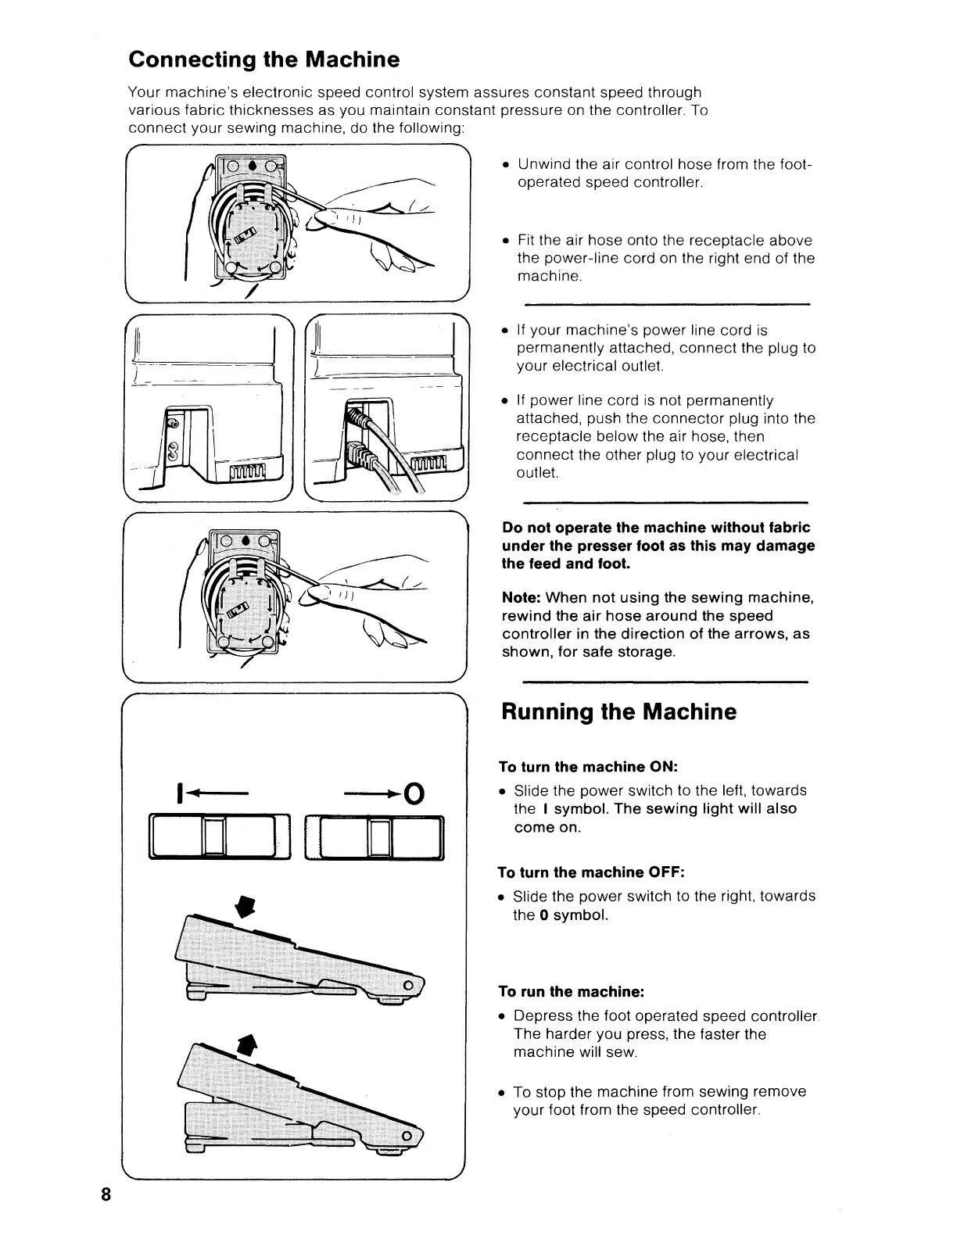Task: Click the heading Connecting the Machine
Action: (x=263, y=60)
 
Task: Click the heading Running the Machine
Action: (x=618, y=712)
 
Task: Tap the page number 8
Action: (x=106, y=1216)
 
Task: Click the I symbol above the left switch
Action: (x=181, y=794)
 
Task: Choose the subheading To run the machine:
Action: (x=572, y=992)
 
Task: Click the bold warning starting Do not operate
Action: (x=658, y=545)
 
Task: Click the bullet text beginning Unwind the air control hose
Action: (x=665, y=174)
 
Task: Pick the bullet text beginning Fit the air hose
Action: (x=665, y=258)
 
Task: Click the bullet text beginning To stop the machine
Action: (x=659, y=1101)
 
